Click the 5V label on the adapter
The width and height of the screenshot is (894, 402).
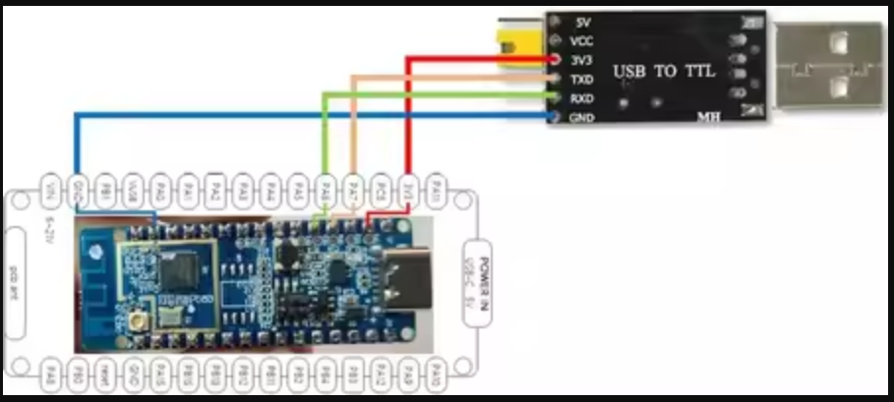581,22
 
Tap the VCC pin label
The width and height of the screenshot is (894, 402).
581,40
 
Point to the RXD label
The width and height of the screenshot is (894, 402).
581,98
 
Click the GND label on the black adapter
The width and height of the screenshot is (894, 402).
581,117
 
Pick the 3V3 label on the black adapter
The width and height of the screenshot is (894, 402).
581,59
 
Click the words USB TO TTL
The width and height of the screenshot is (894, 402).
658,72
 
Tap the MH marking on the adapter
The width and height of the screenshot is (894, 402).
708,117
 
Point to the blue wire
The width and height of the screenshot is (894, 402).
295,116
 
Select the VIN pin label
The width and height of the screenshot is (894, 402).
50,186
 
